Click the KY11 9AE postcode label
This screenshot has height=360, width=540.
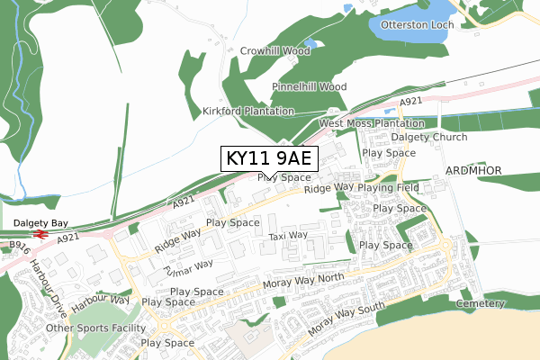pyautogui.click(x=268, y=159)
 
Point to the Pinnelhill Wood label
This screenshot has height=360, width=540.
pyautogui.click(x=309, y=86)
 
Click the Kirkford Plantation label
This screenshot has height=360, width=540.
pyautogui.click(x=248, y=111)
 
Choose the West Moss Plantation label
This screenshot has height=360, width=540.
pyautogui.click(x=371, y=122)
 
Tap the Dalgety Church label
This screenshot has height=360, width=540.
pyautogui.click(x=429, y=138)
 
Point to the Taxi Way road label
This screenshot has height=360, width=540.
pyautogui.click(x=288, y=236)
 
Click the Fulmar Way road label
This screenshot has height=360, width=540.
pyautogui.click(x=188, y=265)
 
